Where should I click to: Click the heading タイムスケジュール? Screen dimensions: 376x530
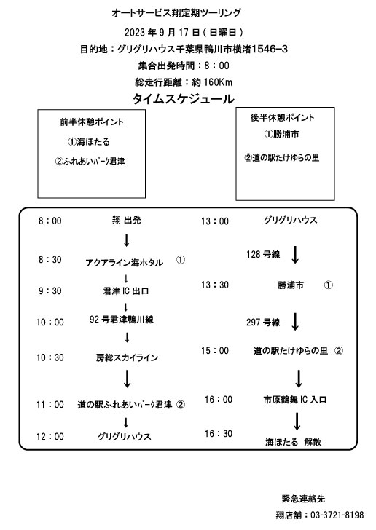coord(183,99)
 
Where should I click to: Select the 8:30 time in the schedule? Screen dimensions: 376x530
coord(50,260)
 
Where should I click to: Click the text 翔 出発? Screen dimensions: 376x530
coord(126,221)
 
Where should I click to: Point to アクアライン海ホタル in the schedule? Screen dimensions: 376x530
coord(124,263)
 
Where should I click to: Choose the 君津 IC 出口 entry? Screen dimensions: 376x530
coord(126,290)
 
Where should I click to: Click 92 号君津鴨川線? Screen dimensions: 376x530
coord(122,320)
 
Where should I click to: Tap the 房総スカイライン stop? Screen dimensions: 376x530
coord(127,357)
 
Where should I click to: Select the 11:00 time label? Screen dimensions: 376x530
coord(50,404)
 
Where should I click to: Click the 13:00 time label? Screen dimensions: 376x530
coord(215,221)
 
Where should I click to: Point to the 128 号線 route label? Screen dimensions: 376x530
coord(263,255)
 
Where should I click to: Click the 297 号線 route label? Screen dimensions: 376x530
coord(263,322)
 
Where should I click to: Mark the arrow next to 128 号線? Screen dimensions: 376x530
coord(295,255)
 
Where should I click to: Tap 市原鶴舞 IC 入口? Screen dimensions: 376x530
coord(295,400)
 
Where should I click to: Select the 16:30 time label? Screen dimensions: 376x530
coord(219,433)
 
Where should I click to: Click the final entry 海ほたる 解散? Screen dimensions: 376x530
coord(293,442)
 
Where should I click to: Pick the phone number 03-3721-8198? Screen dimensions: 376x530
coord(337,515)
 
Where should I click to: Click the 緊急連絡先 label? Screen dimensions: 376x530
coord(303,499)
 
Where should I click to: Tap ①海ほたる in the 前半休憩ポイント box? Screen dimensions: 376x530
coord(89,142)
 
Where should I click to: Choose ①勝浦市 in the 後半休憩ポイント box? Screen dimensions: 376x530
coord(281,134)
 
